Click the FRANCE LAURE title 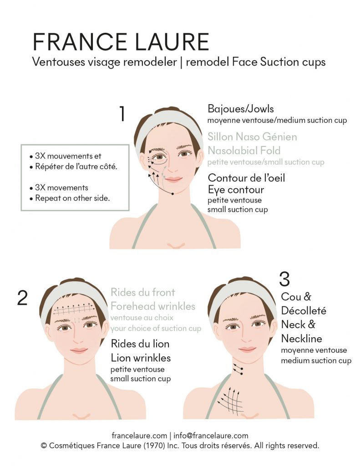click(121, 42)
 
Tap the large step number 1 click(122, 114)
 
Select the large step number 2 click(22, 298)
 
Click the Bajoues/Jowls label click(240, 109)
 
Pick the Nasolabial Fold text click(244, 150)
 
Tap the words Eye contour click(236, 190)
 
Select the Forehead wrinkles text click(153, 306)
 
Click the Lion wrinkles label click(141, 358)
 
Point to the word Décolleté click(304, 310)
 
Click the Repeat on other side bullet click(70, 198)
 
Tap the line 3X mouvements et click(66, 156)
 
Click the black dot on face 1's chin click(172, 194)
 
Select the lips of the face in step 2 click(79, 350)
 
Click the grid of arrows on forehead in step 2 click(73, 309)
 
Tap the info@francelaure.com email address click(211, 436)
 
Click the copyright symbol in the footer click(44, 446)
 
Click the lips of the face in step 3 click(247, 349)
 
